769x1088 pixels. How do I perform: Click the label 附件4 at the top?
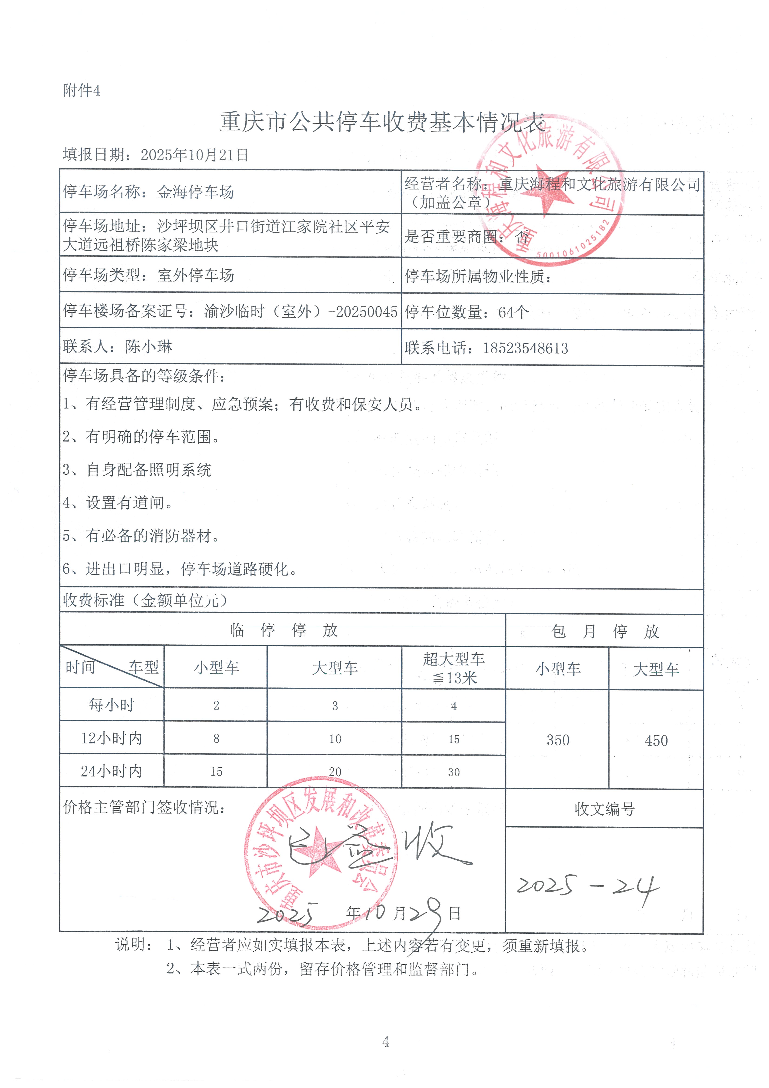(x=82, y=90)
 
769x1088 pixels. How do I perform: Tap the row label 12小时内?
(x=112, y=738)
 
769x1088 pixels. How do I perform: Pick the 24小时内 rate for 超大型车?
(x=454, y=772)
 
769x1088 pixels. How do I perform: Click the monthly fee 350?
(x=558, y=740)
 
